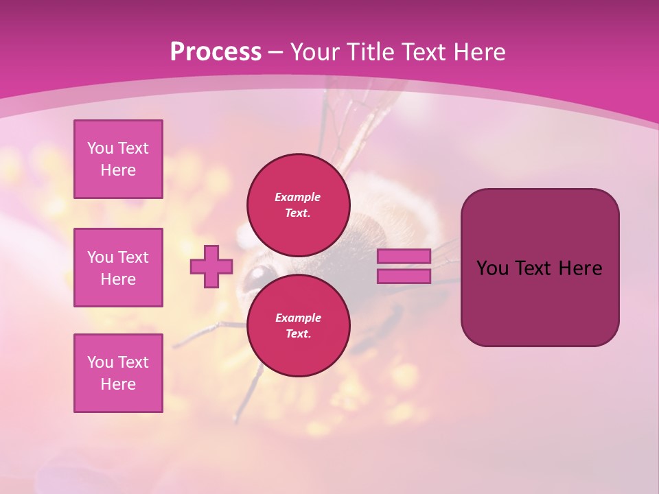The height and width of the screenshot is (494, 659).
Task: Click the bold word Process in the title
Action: click(x=216, y=52)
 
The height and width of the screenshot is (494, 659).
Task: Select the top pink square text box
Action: click(x=118, y=159)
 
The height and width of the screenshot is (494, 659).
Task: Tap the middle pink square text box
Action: click(x=118, y=268)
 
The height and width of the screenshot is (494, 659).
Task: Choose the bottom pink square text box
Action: click(x=118, y=373)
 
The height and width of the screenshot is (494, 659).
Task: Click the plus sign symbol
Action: click(x=211, y=266)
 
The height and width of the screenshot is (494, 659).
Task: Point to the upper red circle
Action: click(x=298, y=205)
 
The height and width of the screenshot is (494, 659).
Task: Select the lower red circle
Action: click(x=298, y=326)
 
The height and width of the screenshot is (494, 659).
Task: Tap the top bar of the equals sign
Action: click(x=404, y=256)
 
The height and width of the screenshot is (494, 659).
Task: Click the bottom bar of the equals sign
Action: click(x=404, y=277)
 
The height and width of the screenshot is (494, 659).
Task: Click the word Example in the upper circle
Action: click(x=298, y=197)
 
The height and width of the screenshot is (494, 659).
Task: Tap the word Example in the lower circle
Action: click(x=298, y=318)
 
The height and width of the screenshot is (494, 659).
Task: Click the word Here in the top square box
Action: click(x=118, y=170)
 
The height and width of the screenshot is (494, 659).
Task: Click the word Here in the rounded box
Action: click(x=580, y=268)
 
